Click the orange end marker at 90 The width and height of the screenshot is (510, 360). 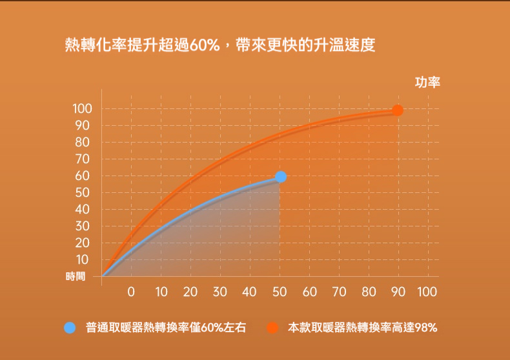pyautogui.click(x=398, y=110)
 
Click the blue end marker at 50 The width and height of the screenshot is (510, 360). pyautogui.click(x=281, y=177)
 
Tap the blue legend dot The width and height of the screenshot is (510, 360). pyautogui.click(x=70, y=327)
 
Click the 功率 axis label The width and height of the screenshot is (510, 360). pyautogui.click(x=427, y=83)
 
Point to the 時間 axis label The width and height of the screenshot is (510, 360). pyautogui.click(x=76, y=276)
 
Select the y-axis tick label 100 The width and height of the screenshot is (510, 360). pyautogui.click(x=83, y=108)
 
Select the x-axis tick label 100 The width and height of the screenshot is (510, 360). pyautogui.click(x=427, y=292)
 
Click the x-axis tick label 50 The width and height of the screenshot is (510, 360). pyautogui.click(x=280, y=292)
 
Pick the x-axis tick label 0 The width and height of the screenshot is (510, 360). pyautogui.click(x=131, y=292)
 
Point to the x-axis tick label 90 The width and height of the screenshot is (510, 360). pyautogui.click(x=398, y=292)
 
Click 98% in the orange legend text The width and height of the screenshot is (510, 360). pyautogui.click(x=426, y=327)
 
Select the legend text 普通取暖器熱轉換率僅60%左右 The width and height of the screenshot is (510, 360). pyautogui.click(x=166, y=327)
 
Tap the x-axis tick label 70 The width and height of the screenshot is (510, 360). pyautogui.click(x=338, y=292)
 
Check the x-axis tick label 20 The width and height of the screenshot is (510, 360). pyautogui.click(x=190, y=292)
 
